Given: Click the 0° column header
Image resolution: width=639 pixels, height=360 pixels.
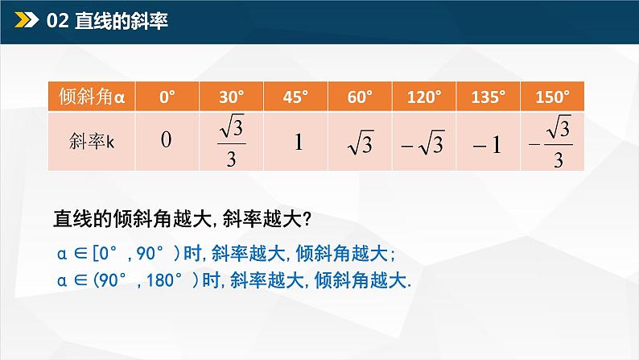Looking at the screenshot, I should point(167,97).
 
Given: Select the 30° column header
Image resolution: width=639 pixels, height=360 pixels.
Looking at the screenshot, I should point(231,97).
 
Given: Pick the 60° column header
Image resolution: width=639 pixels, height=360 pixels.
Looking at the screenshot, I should point(360,97).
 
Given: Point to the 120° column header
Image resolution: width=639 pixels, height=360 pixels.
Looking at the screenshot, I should point(424,97).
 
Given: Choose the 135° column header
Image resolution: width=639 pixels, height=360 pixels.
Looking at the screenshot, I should point(489,97).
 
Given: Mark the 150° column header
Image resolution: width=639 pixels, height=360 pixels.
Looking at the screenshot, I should point(553,97).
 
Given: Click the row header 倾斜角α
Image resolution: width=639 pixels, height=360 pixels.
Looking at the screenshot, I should point(93,97).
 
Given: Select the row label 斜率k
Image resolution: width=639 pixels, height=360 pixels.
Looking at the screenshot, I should point(93,141).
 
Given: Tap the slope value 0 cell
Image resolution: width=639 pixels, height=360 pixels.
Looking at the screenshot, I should point(167,141).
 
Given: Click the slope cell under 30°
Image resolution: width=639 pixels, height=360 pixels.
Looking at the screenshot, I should point(231,141).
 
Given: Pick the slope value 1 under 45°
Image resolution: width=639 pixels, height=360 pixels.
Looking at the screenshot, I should point(297,142).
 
